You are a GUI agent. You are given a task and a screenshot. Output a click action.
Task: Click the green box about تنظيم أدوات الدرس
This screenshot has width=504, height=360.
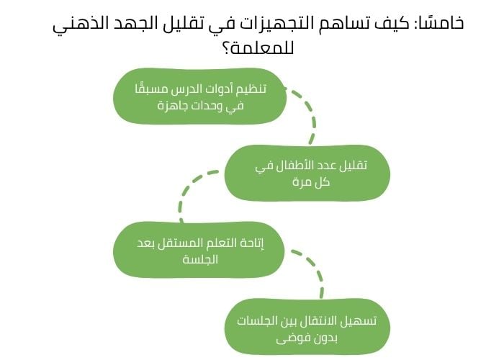(199, 96)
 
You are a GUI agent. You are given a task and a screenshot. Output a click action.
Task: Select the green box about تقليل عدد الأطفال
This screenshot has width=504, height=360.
(307, 173)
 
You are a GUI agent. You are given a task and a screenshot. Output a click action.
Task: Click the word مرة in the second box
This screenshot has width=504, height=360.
(298, 181)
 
